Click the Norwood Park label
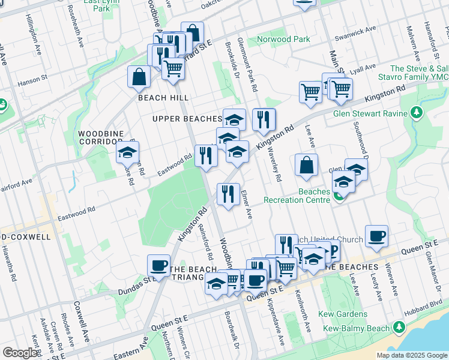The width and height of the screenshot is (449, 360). pyautogui.click(x=283, y=40)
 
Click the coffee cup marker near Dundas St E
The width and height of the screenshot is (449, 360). pyautogui.click(x=159, y=265)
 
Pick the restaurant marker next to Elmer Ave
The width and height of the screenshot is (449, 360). pyautogui.click(x=228, y=194)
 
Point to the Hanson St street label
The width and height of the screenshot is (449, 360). pyautogui.click(x=32, y=79)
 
